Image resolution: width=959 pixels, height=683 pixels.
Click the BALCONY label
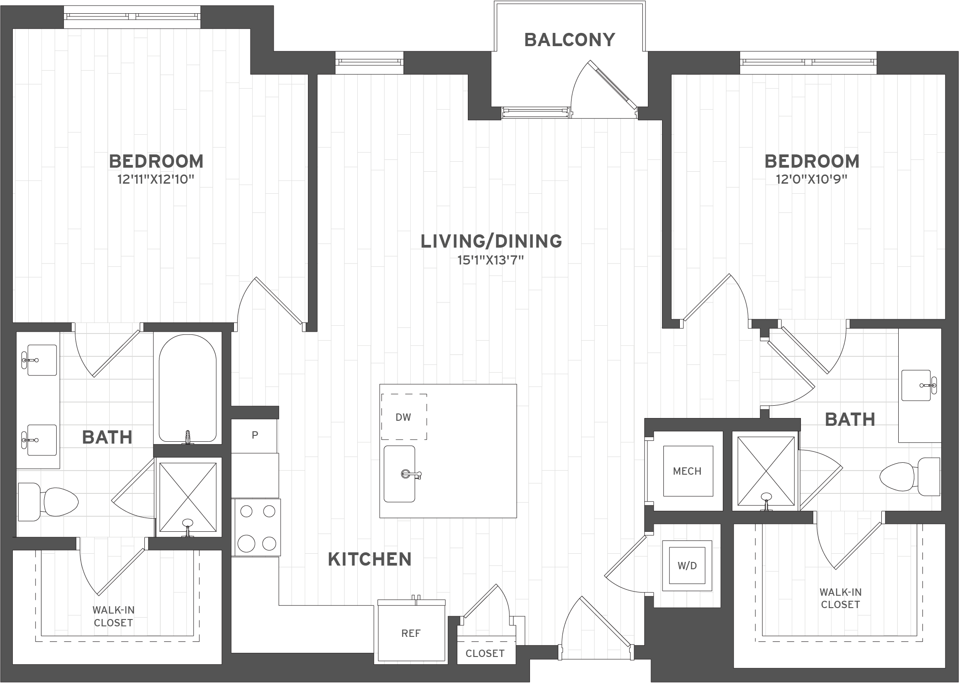pyautogui.click(x=569, y=40)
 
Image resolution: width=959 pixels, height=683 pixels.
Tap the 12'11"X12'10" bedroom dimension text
pyautogui.click(x=156, y=179)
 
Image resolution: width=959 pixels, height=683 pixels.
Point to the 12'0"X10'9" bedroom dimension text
pyautogui.click(x=811, y=179)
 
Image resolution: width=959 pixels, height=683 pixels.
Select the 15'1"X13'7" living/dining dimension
pyautogui.click(x=490, y=260)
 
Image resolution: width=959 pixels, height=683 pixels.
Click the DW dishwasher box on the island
pyautogui.click(x=404, y=417)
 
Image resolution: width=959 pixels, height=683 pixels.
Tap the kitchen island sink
pyautogui.click(x=399, y=474)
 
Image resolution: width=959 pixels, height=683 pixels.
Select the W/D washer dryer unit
pyautogui.click(x=687, y=566)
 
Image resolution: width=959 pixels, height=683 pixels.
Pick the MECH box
pyautogui.click(x=688, y=471)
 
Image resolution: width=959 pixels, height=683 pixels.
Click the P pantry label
pyautogui.click(x=255, y=435)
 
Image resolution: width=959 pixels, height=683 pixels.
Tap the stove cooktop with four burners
pyautogui.click(x=257, y=527)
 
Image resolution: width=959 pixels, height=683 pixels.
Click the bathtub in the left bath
pyautogui.click(x=188, y=388)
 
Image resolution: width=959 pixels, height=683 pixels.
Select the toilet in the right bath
pyautogui.click(x=910, y=477)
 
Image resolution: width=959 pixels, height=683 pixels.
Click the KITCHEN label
pyautogui.click(x=370, y=559)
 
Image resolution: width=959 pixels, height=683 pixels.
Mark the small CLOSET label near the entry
pyautogui.click(x=485, y=653)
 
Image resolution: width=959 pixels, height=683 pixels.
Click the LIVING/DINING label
pyautogui.click(x=491, y=241)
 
